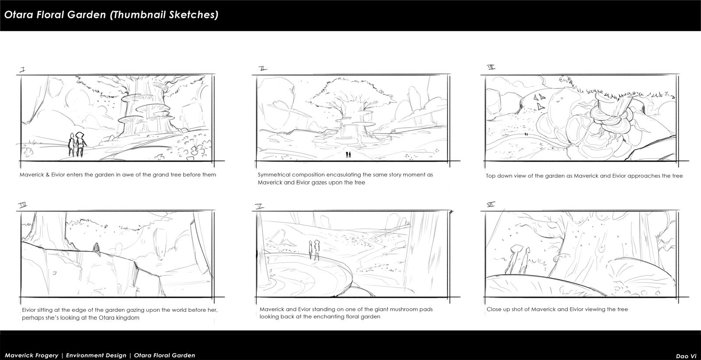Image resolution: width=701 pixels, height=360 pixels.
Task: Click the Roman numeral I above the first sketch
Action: pyautogui.click(x=22, y=69)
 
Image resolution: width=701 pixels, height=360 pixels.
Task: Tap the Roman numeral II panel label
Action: pyautogui.click(x=263, y=69)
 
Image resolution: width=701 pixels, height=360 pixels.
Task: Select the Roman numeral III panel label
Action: pyautogui.click(x=491, y=67)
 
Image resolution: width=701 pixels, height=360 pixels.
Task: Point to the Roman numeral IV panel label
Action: pyautogui.click(x=23, y=205)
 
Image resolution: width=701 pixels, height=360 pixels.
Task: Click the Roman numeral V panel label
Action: pyautogui.click(x=259, y=205)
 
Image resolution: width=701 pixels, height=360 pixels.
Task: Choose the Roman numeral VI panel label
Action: pyautogui.click(x=491, y=204)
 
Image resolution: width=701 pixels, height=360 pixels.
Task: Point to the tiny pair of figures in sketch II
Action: pyautogui.click(x=348, y=154)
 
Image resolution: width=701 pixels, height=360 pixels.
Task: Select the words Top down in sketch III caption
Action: pyautogui.click(x=499, y=176)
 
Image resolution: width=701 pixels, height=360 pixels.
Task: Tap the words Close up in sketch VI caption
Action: pyautogui.click(x=498, y=309)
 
